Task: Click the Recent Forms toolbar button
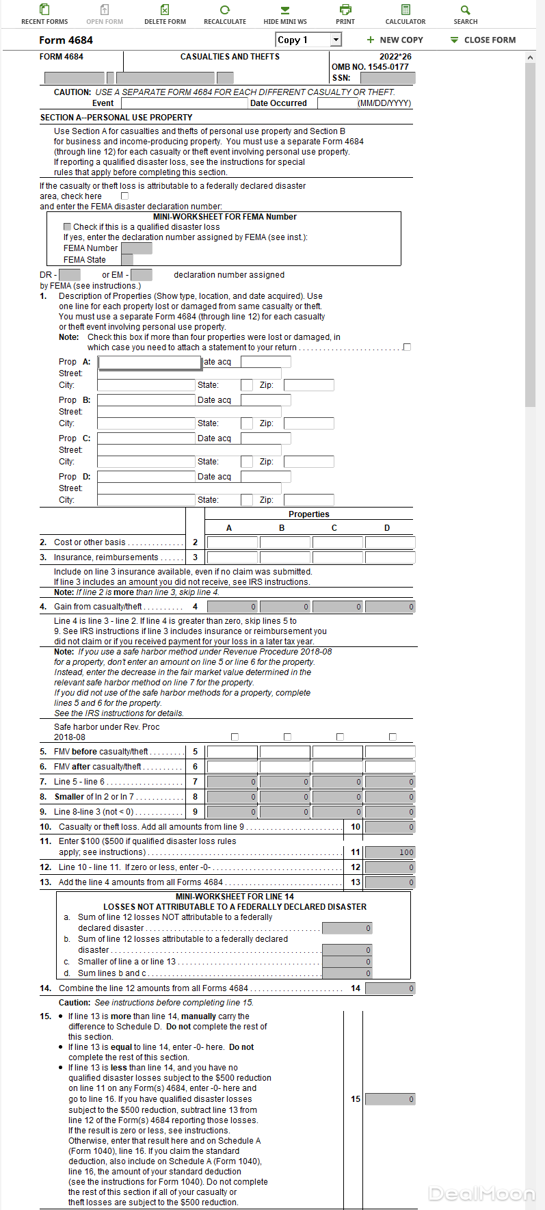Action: pos(44,14)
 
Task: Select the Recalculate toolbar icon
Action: pos(225,14)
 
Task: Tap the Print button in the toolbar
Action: pos(345,14)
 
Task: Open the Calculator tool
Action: pos(406,14)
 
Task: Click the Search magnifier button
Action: pos(466,14)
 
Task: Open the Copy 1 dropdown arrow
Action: pos(336,40)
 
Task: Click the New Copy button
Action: pos(395,40)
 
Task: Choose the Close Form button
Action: pos(483,40)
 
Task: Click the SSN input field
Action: pos(387,78)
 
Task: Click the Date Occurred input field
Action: pos(337,103)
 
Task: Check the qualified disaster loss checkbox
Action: pos(67,226)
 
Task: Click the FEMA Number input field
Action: pos(136,248)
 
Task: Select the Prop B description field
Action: pos(146,400)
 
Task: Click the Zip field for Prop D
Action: pos(308,500)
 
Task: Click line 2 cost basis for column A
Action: pos(232,542)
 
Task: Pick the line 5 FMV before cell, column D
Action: pos(390,752)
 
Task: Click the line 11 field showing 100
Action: pos(390,852)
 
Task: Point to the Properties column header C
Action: pos(334,527)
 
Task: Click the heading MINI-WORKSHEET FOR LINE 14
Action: pos(235,896)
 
